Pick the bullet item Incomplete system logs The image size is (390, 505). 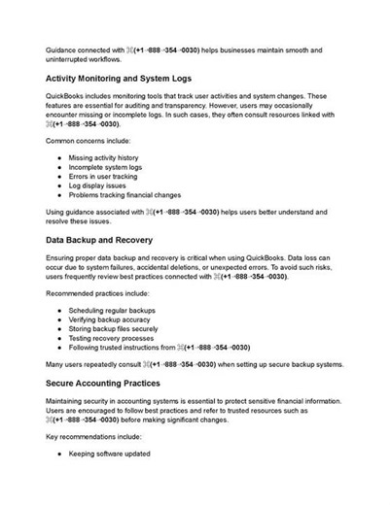[110, 168]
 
